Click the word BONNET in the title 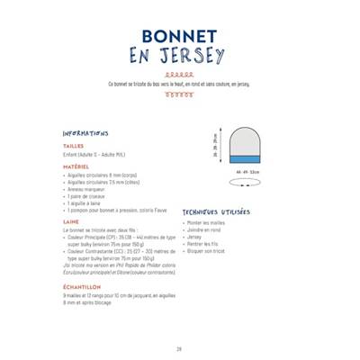179,36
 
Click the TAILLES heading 73,144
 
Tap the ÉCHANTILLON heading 82,286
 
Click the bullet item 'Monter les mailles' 208,222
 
